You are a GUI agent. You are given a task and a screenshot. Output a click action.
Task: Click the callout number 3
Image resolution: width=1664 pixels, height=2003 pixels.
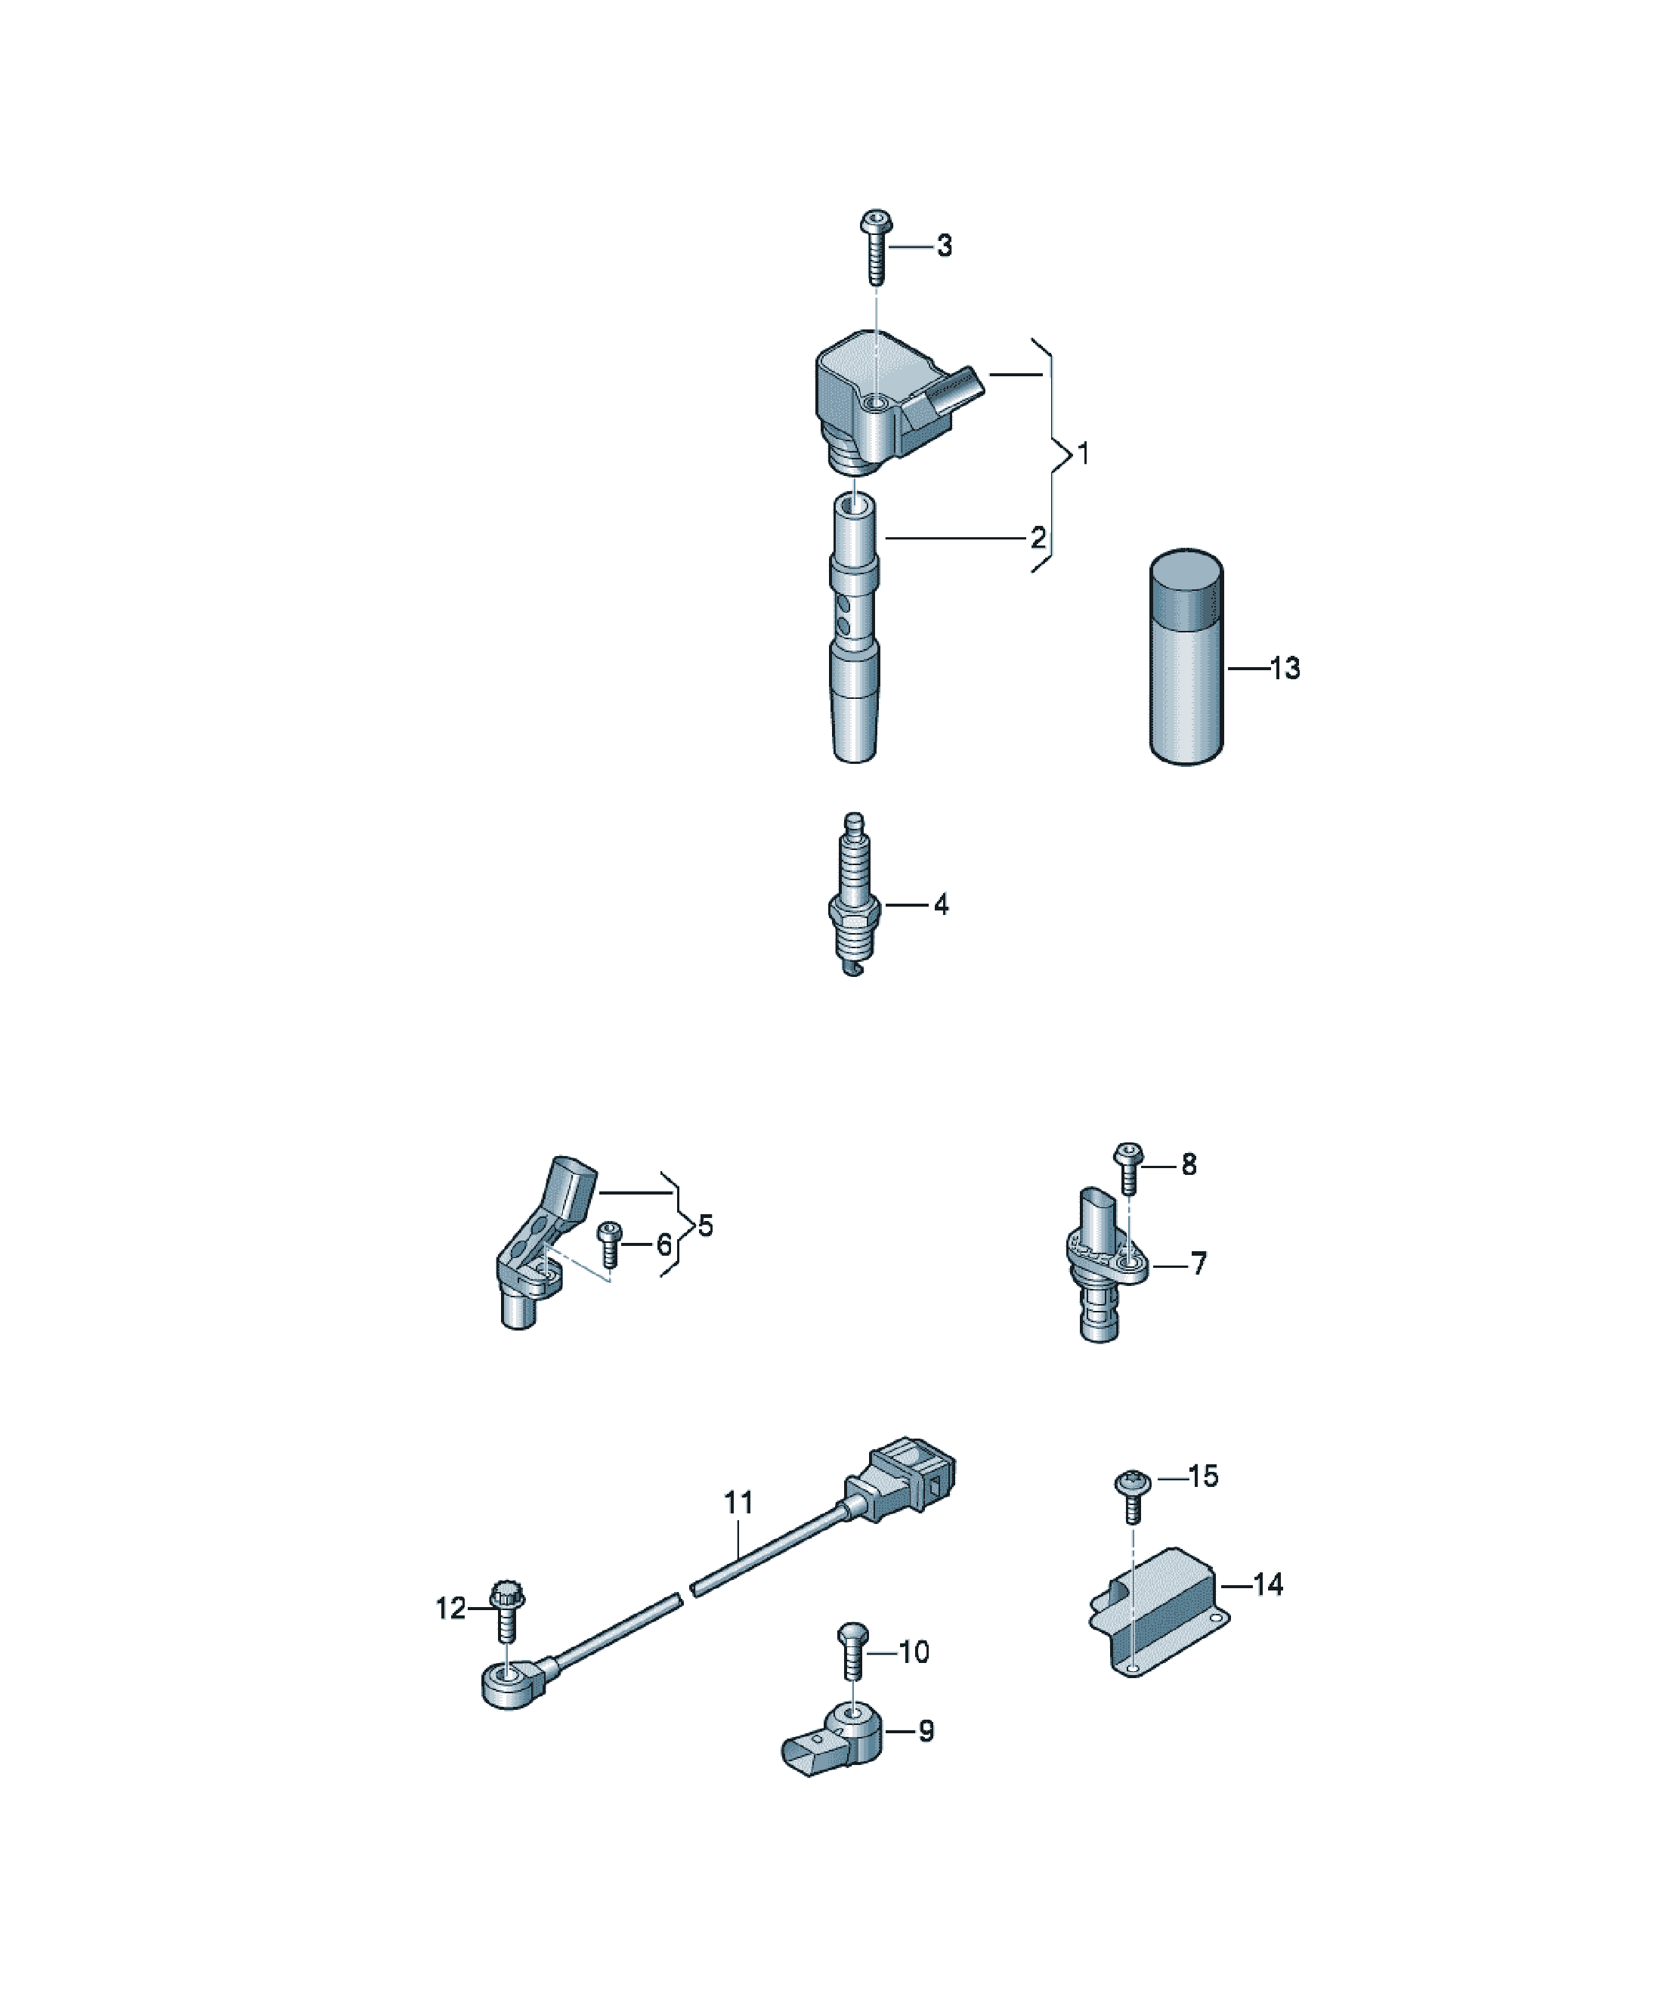coord(944,246)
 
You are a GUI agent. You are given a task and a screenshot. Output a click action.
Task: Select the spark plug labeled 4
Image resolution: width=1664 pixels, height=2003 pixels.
coord(855,895)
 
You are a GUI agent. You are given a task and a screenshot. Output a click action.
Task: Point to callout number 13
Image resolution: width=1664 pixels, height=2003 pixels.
coord(1285,668)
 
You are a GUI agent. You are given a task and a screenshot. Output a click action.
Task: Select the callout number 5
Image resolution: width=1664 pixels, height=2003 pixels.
coord(705,1226)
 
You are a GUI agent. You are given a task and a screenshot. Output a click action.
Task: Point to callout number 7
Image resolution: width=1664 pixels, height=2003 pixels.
coord(1199,1264)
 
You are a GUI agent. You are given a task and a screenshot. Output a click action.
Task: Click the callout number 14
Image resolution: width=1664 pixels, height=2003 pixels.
coord(1268,1585)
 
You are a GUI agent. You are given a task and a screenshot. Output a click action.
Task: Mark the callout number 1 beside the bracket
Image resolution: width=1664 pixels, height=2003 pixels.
coord(1082,454)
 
